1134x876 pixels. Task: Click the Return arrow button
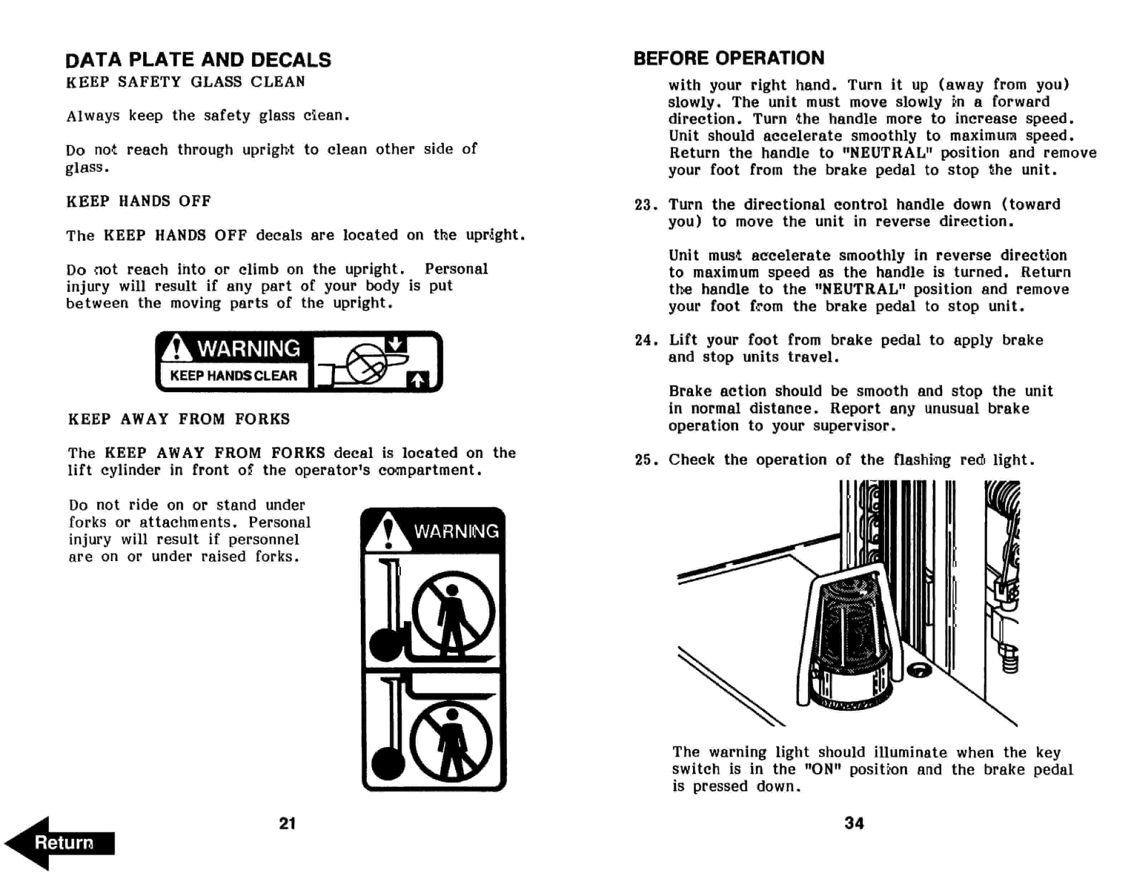click(60, 842)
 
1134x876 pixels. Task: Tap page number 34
click(854, 823)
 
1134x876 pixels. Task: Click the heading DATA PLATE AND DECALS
click(198, 60)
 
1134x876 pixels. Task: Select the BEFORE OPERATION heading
click(728, 58)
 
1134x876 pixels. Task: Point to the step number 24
click(644, 340)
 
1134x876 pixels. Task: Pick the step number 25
click(644, 460)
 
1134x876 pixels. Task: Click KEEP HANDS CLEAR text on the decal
click(234, 375)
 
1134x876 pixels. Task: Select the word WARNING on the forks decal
click(456, 531)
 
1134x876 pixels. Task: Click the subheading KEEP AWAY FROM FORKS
click(179, 419)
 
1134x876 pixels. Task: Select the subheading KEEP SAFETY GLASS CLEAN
click(185, 82)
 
